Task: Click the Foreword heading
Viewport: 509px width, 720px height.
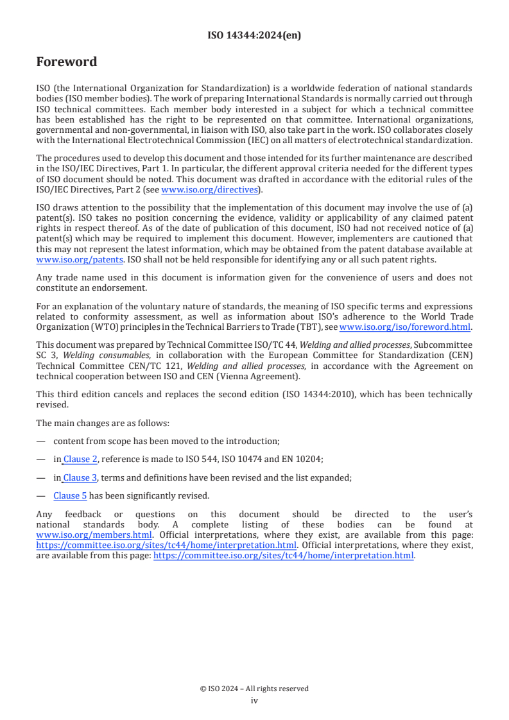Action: [67, 62]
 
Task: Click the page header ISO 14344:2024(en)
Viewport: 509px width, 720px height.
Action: [254, 35]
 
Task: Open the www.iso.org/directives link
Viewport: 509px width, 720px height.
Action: [209, 190]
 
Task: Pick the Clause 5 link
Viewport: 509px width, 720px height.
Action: [70, 495]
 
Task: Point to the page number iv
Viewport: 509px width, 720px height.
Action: [254, 701]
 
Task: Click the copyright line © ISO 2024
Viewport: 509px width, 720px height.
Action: [254, 689]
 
